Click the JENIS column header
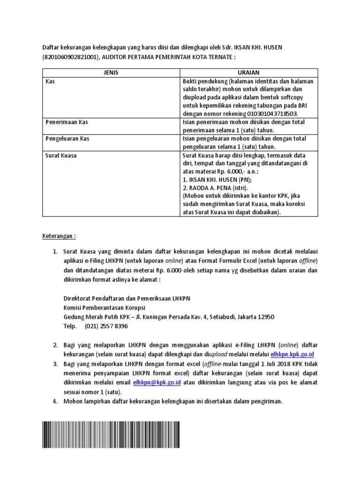[111, 73]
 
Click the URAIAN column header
[249, 73]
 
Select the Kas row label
[50, 82]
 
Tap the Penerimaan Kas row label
[67, 122]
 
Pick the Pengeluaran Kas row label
[67, 139]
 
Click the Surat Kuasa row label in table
[61, 156]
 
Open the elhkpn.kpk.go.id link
[295, 354]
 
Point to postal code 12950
[265, 317]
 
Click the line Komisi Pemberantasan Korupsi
[104, 307]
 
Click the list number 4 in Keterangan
[55, 402]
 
